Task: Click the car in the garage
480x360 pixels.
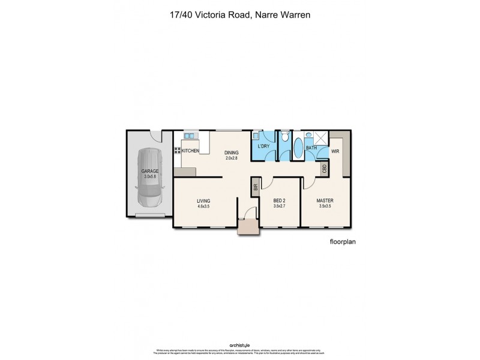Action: tap(149, 177)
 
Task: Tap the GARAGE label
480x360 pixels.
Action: tap(150, 171)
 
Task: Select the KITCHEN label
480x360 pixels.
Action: tap(191, 151)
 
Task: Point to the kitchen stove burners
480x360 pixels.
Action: tap(177, 151)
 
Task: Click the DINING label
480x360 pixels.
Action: tap(231, 152)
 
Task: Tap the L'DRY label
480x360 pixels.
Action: tap(263, 146)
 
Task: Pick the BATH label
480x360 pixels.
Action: tap(311, 147)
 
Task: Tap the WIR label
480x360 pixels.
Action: tap(335, 151)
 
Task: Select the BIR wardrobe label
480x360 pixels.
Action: tap(255, 187)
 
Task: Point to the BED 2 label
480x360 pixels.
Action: tap(278, 200)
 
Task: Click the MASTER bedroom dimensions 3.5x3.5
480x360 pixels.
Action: tap(325, 206)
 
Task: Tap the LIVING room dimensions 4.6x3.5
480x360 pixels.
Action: tap(203, 206)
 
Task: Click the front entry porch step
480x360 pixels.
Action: tap(246, 227)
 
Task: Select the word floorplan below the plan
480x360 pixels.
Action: tap(343, 244)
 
